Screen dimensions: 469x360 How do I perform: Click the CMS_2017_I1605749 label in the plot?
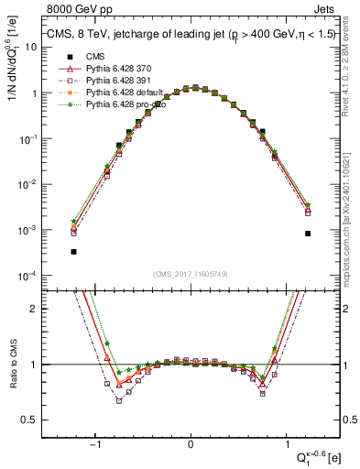coord(191,275)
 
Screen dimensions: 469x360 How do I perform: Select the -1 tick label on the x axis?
coord(96,444)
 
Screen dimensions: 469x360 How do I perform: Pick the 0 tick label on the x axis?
coord(191,444)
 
